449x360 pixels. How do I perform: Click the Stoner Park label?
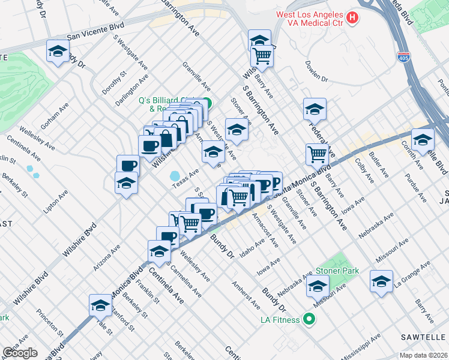pos(339,271)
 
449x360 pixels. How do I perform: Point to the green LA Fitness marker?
pos(309,319)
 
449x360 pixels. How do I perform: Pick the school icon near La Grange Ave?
pos(382,281)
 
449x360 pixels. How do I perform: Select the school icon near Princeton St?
pos(100,305)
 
